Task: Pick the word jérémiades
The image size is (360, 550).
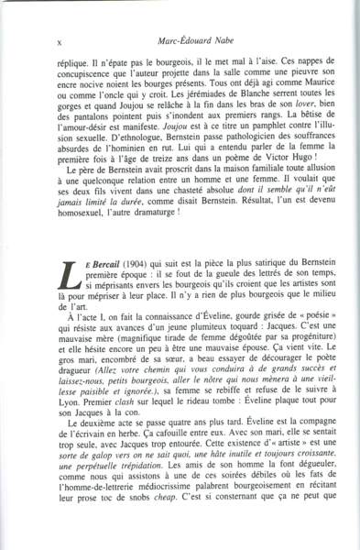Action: click(x=160, y=121)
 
